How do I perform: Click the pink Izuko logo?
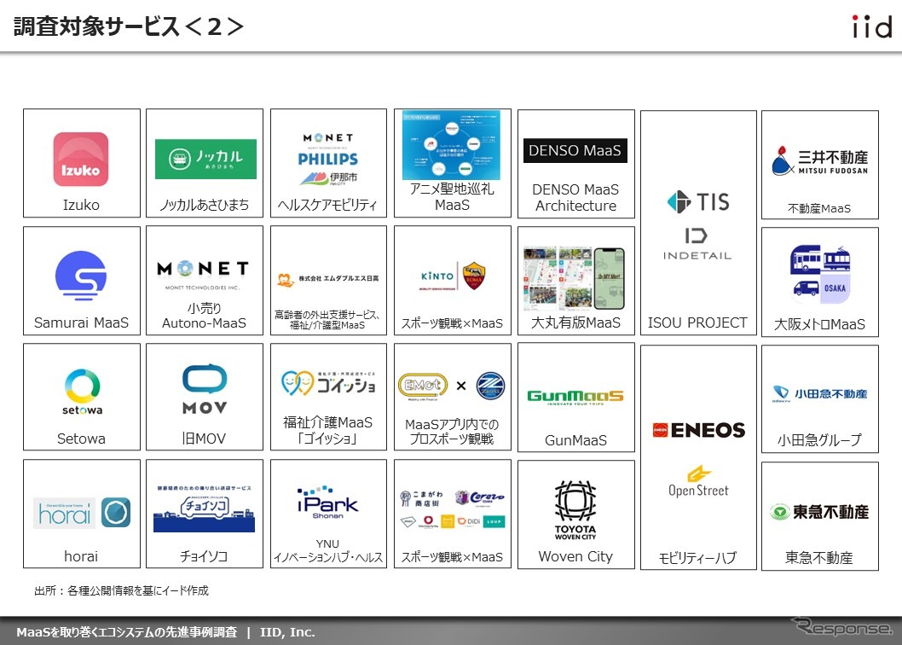(x=81, y=159)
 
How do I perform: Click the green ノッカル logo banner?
(x=205, y=159)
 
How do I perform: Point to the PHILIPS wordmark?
(x=328, y=159)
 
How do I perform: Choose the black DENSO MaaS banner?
(x=575, y=151)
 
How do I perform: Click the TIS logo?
(x=698, y=202)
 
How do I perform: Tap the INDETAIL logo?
(x=697, y=244)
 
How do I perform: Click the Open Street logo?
(x=698, y=482)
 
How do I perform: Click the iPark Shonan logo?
(x=328, y=504)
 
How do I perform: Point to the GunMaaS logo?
(x=575, y=397)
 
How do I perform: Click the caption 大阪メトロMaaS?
(x=819, y=324)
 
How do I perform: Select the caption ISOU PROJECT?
(x=697, y=322)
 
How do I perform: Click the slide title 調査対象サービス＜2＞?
(x=129, y=26)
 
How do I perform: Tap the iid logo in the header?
(x=871, y=26)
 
